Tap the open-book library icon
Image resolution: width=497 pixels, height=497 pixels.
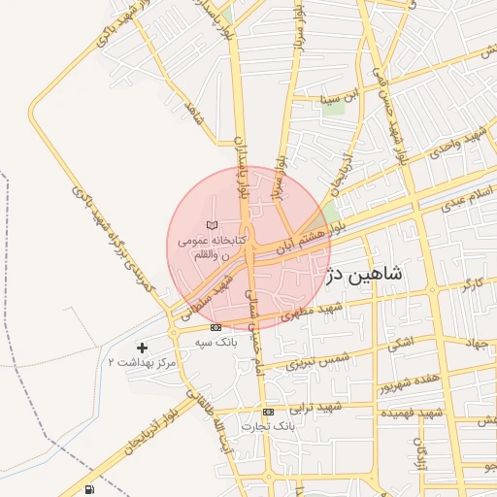click(213, 225)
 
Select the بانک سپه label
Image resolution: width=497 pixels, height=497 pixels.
click(215, 344)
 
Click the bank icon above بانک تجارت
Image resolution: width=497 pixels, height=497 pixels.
click(269, 412)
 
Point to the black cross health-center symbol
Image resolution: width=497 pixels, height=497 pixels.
click(143, 347)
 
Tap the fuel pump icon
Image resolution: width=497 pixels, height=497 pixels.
click(90, 489)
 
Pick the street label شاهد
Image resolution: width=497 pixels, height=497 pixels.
click(193, 118)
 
